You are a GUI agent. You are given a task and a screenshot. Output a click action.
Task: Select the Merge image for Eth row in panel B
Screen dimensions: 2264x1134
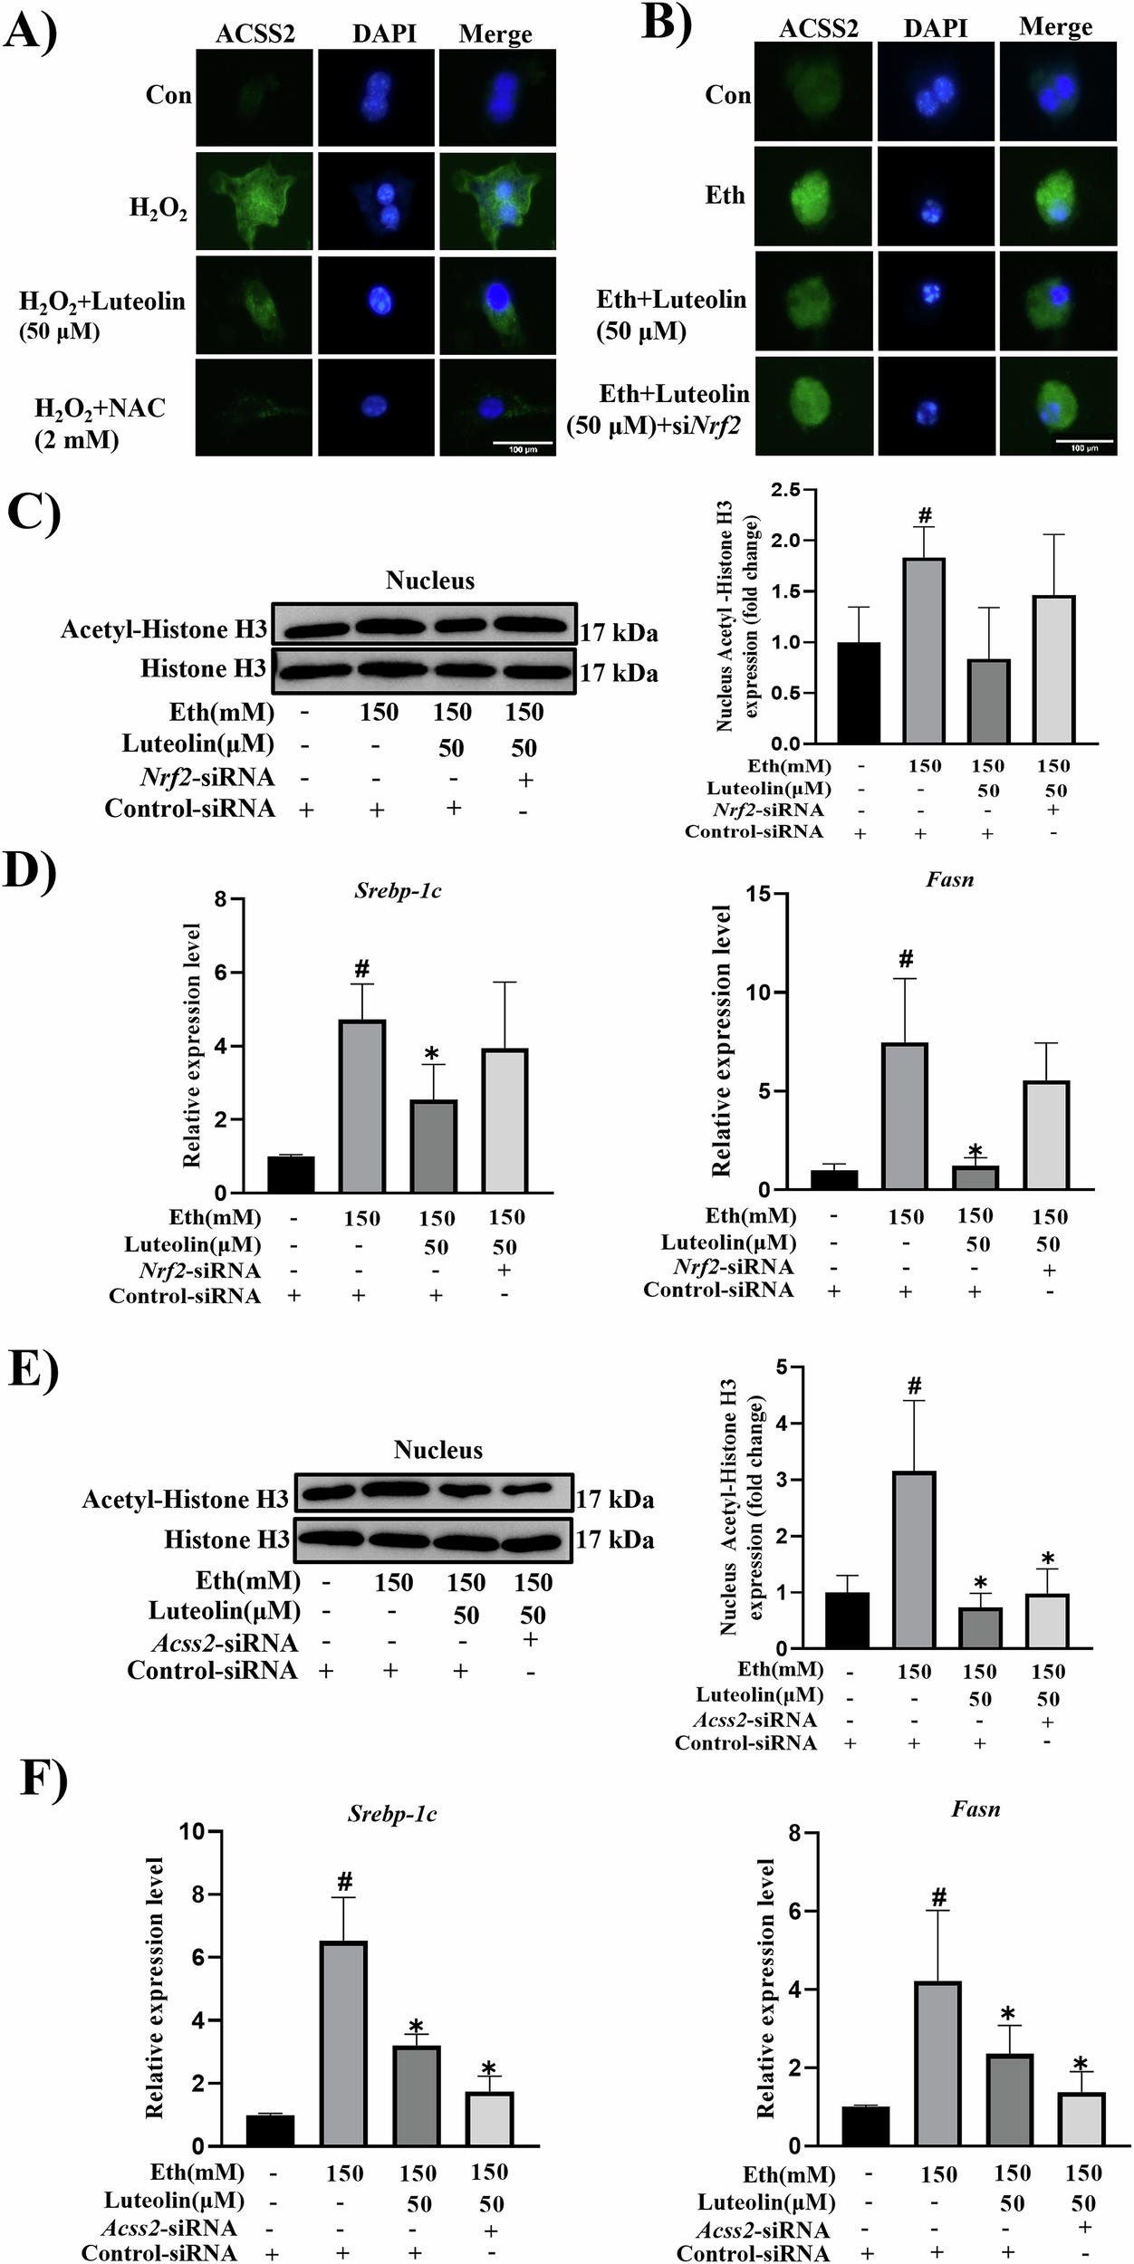(x=1056, y=196)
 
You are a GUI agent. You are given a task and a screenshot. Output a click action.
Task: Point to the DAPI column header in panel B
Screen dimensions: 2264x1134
(x=936, y=29)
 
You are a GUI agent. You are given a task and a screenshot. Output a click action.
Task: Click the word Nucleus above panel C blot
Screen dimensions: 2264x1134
(x=429, y=580)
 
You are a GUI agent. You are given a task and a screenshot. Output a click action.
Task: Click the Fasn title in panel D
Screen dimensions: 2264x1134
(x=949, y=879)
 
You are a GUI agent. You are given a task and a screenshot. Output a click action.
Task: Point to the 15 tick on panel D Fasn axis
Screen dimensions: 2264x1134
(x=759, y=895)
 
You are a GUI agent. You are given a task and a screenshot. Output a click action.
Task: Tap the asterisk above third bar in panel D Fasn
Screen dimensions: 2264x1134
(x=975, y=1151)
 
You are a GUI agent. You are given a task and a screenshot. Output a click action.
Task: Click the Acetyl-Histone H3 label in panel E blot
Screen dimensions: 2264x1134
(x=185, y=1500)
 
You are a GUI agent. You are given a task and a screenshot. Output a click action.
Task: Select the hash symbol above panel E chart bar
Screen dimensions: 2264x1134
(x=914, y=1386)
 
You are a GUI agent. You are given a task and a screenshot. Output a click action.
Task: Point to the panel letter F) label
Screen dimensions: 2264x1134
(x=43, y=1780)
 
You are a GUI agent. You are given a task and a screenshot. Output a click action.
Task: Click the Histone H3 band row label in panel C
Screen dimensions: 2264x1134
(x=203, y=669)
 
